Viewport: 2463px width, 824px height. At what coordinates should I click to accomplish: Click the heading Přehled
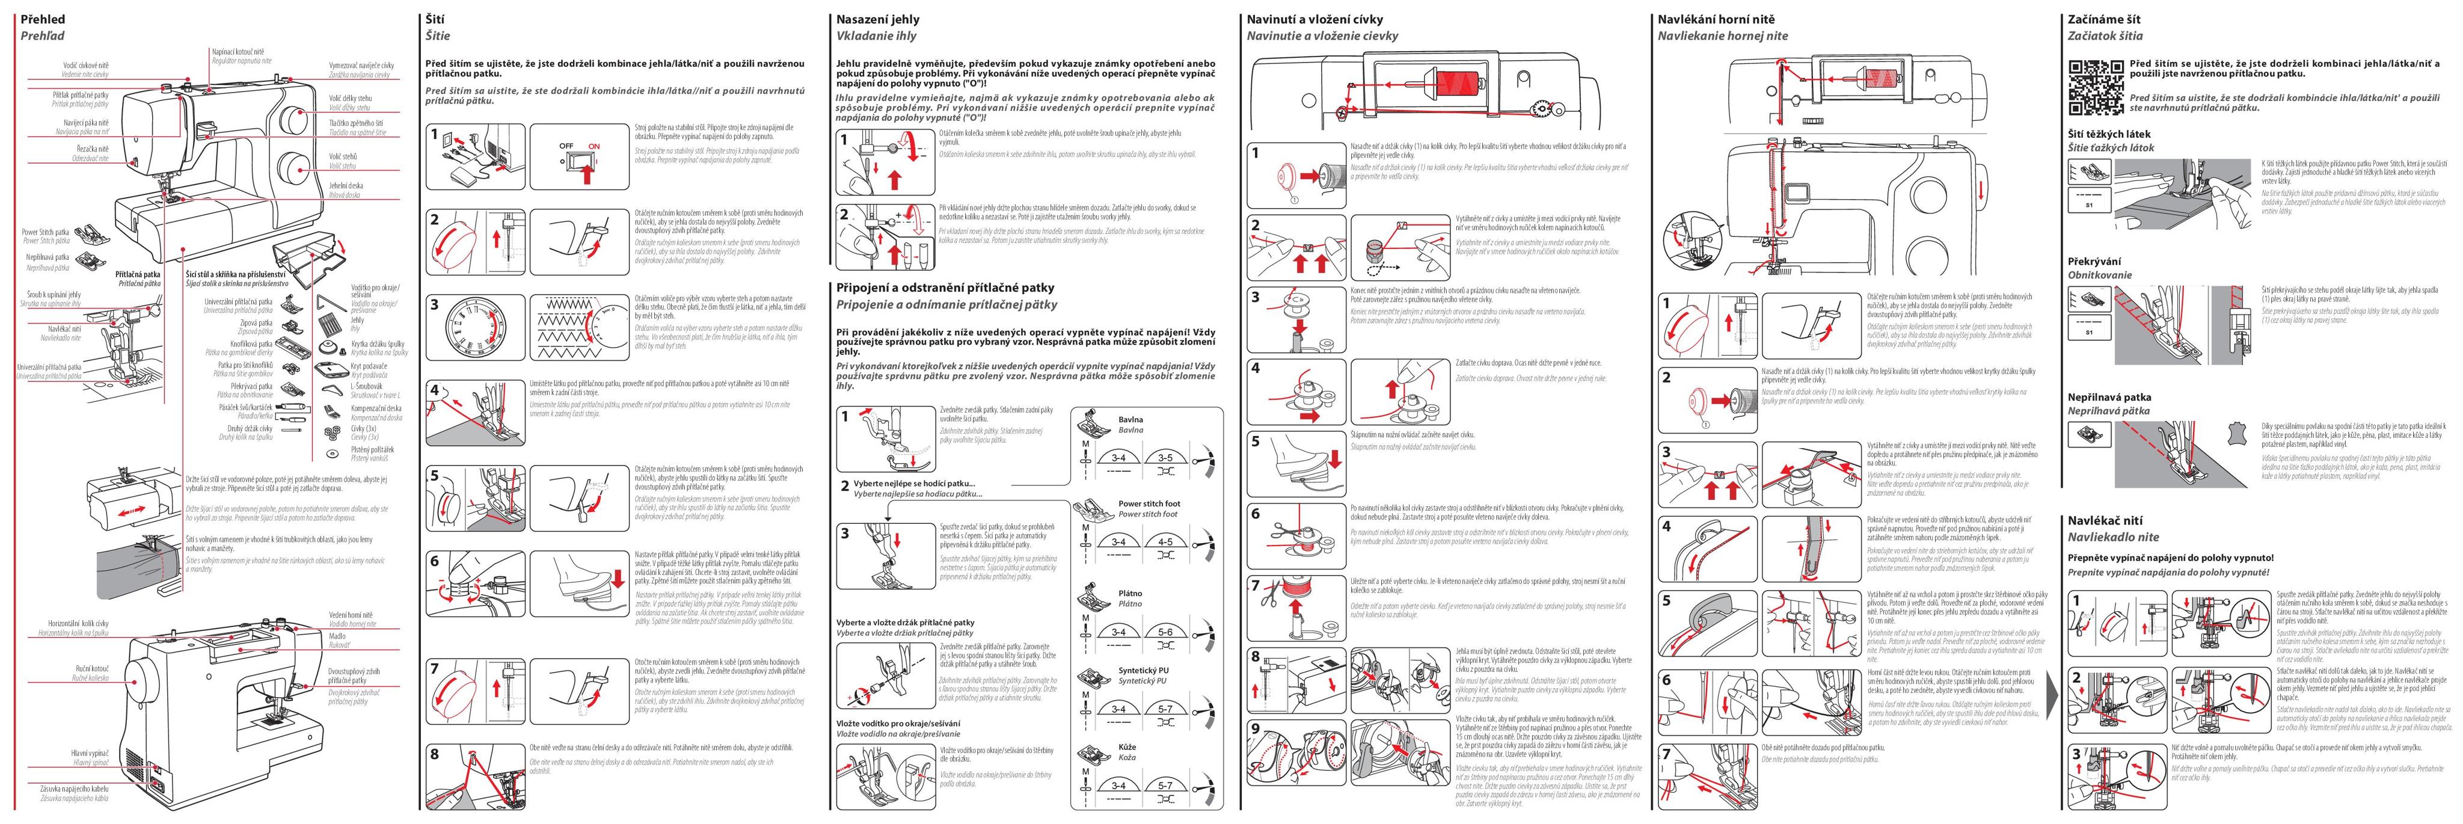click(43, 19)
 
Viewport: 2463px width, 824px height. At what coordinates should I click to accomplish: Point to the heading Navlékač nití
click(2100, 521)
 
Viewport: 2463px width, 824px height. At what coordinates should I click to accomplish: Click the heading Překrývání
click(2094, 261)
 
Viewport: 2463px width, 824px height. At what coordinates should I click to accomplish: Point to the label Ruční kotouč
click(93, 669)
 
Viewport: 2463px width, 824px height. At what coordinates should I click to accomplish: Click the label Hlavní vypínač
click(90, 753)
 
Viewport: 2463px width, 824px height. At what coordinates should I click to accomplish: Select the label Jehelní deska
click(346, 185)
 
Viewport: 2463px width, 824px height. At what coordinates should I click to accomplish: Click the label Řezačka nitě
click(93, 149)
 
